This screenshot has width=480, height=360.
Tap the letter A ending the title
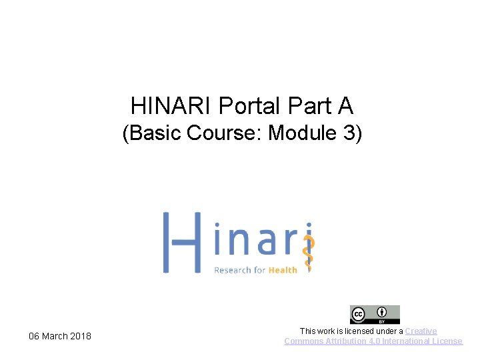(345, 105)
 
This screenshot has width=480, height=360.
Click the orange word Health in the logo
(283, 270)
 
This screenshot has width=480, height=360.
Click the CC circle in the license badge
(359, 314)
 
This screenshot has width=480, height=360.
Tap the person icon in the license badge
(382, 313)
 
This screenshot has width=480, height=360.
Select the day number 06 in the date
(34, 336)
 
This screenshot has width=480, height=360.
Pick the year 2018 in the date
(81, 336)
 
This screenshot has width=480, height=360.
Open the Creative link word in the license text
(421, 331)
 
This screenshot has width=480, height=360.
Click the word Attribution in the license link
(345, 341)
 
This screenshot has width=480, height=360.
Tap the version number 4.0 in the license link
(375, 341)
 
